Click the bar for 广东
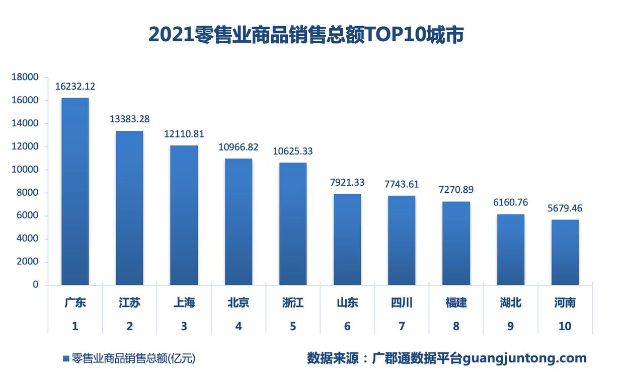click(x=75, y=191)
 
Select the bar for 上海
click(x=184, y=215)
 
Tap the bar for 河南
click(x=565, y=252)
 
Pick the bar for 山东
click(x=347, y=239)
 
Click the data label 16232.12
click(x=75, y=87)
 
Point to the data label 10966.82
click(x=238, y=147)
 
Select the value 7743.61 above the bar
click(x=402, y=184)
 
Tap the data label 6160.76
click(x=510, y=202)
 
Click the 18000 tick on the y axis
click(x=25, y=77)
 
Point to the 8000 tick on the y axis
click(x=28, y=193)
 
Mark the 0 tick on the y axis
click(x=35, y=285)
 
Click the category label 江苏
click(x=129, y=303)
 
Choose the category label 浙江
click(x=293, y=303)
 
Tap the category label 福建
click(x=456, y=303)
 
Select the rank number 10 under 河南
click(x=565, y=326)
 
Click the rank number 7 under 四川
click(x=402, y=326)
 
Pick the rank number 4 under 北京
click(x=238, y=326)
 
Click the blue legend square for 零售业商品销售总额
click(x=65, y=358)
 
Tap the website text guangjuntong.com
click(x=524, y=358)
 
